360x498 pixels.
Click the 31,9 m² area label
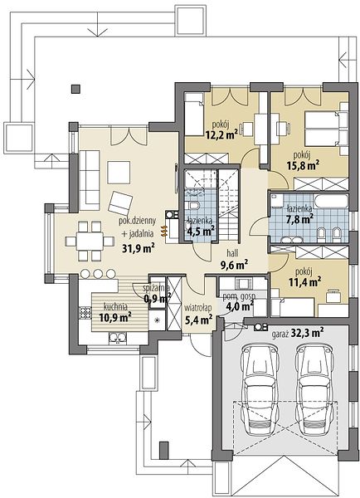tap(139, 247)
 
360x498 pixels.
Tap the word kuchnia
tap(115, 307)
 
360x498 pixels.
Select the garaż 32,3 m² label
tap(298, 334)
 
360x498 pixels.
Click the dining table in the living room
tap(90, 242)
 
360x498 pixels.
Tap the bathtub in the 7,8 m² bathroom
tap(330, 202)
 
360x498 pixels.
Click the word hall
tap(232, 253)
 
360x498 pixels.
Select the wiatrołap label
tap(198, 308)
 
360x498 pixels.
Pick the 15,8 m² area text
tap(303, 165)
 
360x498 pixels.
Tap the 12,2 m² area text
tap(222, 134)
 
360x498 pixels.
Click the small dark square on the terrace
tap(75, 90)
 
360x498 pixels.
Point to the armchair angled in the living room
tap(120, 203)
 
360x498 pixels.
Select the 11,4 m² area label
tap(304, 281)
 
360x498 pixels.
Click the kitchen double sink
tap(118, 338)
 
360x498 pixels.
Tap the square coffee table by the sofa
tap(119, 173)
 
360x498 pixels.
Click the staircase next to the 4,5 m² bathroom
tap(229, 204)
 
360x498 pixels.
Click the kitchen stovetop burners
tap(85, 313)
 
